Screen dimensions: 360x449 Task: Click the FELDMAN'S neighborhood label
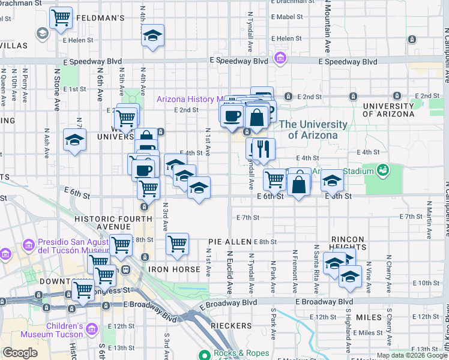click(x=100, y=19)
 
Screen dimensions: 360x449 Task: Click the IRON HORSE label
click(x=174, y=269)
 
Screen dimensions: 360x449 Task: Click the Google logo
click(x=20, y=353)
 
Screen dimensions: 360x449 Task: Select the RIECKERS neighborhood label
click(x=231, y=325)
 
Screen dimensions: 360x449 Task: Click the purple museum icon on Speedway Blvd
click(x=280, y=59)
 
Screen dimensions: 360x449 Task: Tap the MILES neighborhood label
click(x=368, y=317)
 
